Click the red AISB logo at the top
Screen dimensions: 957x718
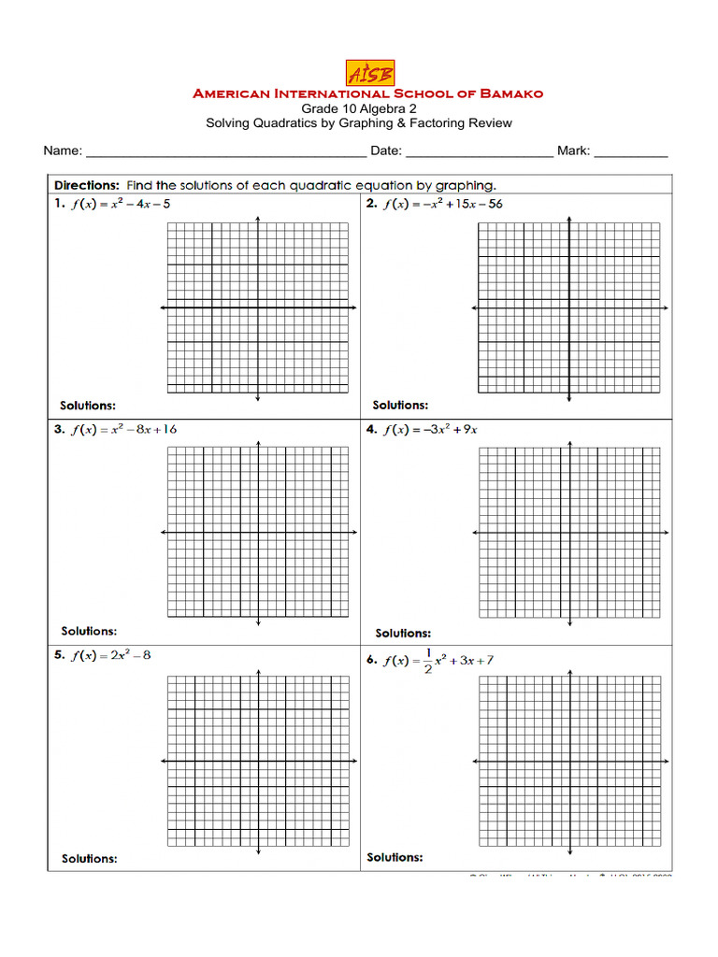[x=369, y=73]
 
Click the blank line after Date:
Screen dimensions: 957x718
[x=480, y=152]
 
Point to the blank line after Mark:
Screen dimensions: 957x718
[x=631, y=152]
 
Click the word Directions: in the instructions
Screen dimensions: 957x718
[x=87, y=185]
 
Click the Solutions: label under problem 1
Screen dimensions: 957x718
[x=88, y=406]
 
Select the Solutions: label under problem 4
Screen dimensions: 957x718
[x=403, y=633]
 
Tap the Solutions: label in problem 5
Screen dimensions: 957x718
[x=89, y=858]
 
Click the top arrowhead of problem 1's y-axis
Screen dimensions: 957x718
[x=258, y=220]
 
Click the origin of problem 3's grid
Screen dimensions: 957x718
[x=258, y=533]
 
